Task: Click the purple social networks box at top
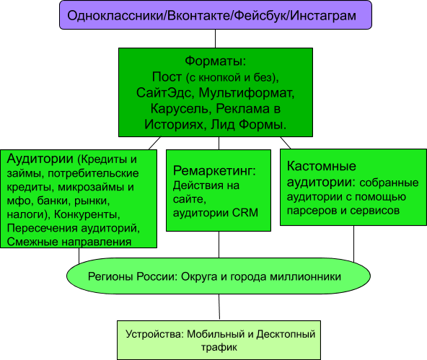(x=216, y=15)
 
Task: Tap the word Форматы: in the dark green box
(x=216, y=61)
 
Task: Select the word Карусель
(x=180, y=109)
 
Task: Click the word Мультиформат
(x=247, y=93)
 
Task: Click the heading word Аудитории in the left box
(x=40, y=159)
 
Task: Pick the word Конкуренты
(x=87, y=214)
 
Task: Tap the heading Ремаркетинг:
(x=215, y=171)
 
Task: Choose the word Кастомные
(x=322, y=166)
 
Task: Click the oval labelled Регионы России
(x=219, y=276)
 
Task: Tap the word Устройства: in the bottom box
(x=155, y=334)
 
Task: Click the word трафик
(x=219, y=347)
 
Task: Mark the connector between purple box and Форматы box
(x=215, y=39)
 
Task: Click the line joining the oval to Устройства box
(x=219, y=307)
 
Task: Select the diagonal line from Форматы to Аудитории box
(x=154, y=143)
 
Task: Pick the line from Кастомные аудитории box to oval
(x=353, y=244)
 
